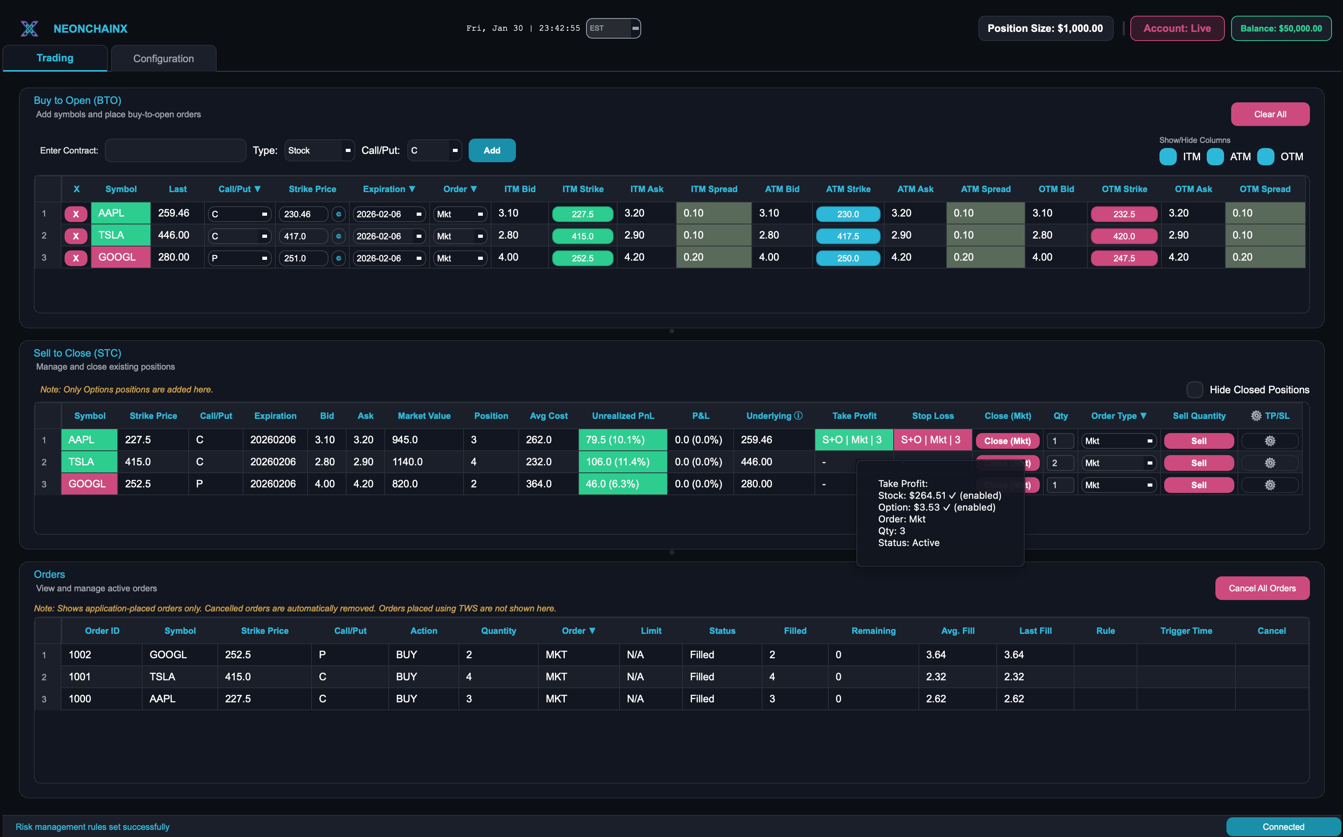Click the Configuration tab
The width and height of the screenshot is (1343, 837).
click(163, 59)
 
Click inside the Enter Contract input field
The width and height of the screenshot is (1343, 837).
click(175, 150)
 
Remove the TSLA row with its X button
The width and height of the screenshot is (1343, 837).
click(76, 236)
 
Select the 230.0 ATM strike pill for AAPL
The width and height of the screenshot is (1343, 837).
click(847, 214)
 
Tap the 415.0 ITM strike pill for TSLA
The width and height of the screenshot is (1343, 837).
click(582, 236)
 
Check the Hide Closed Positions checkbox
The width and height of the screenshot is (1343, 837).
click(1194, 390)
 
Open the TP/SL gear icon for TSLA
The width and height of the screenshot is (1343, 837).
click(1269, 463)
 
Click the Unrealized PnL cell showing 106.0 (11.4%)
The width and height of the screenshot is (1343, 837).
click(623, 462)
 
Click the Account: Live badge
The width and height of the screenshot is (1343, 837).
click(1177, 28)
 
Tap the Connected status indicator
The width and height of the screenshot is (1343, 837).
click(1283, 826)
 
